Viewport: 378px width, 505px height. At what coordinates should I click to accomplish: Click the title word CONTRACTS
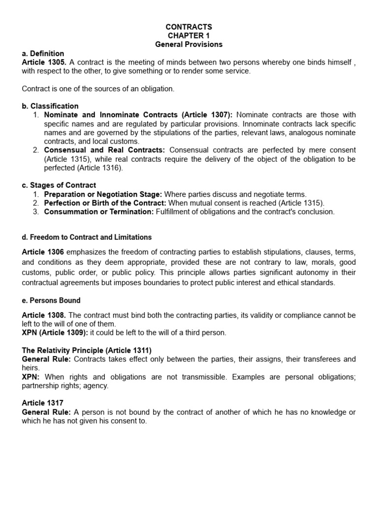pyautogui.click(x=189, y=27)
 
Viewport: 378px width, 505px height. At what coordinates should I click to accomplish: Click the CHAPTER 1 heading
pyautogui.click(x=189, y=36)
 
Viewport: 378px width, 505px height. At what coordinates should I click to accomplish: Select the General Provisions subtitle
pyautogui.click(x=189, y=44)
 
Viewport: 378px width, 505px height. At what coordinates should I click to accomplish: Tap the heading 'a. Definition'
pyautogui.click(x=43, y=53)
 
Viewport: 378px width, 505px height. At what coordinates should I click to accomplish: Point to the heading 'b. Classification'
pyautogui.click(x=50, y=106)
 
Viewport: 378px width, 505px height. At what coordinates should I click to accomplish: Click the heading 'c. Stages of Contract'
pyautogui.click(x=59, y=185)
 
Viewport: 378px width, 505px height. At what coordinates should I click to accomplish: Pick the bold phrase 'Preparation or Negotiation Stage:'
pyautogui.click(x=103, y=194)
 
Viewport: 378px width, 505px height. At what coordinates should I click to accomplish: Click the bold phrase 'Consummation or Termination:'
pyautogui.click(x=99, y=212)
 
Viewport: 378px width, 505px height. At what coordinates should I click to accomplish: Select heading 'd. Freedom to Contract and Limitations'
pyautogui.click(x=87, y=237)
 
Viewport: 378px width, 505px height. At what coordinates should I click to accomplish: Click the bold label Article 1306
pyautogui.click(x=43, y=252)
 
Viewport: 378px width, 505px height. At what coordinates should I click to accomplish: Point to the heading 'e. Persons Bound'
pyautogui.click(x=51, y=300)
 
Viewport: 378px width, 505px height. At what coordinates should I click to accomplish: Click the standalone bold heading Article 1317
pyautogui.click(x=43, y=403)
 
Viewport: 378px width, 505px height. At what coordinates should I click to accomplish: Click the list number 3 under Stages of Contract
pyautogui.click(x=36, y=212)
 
